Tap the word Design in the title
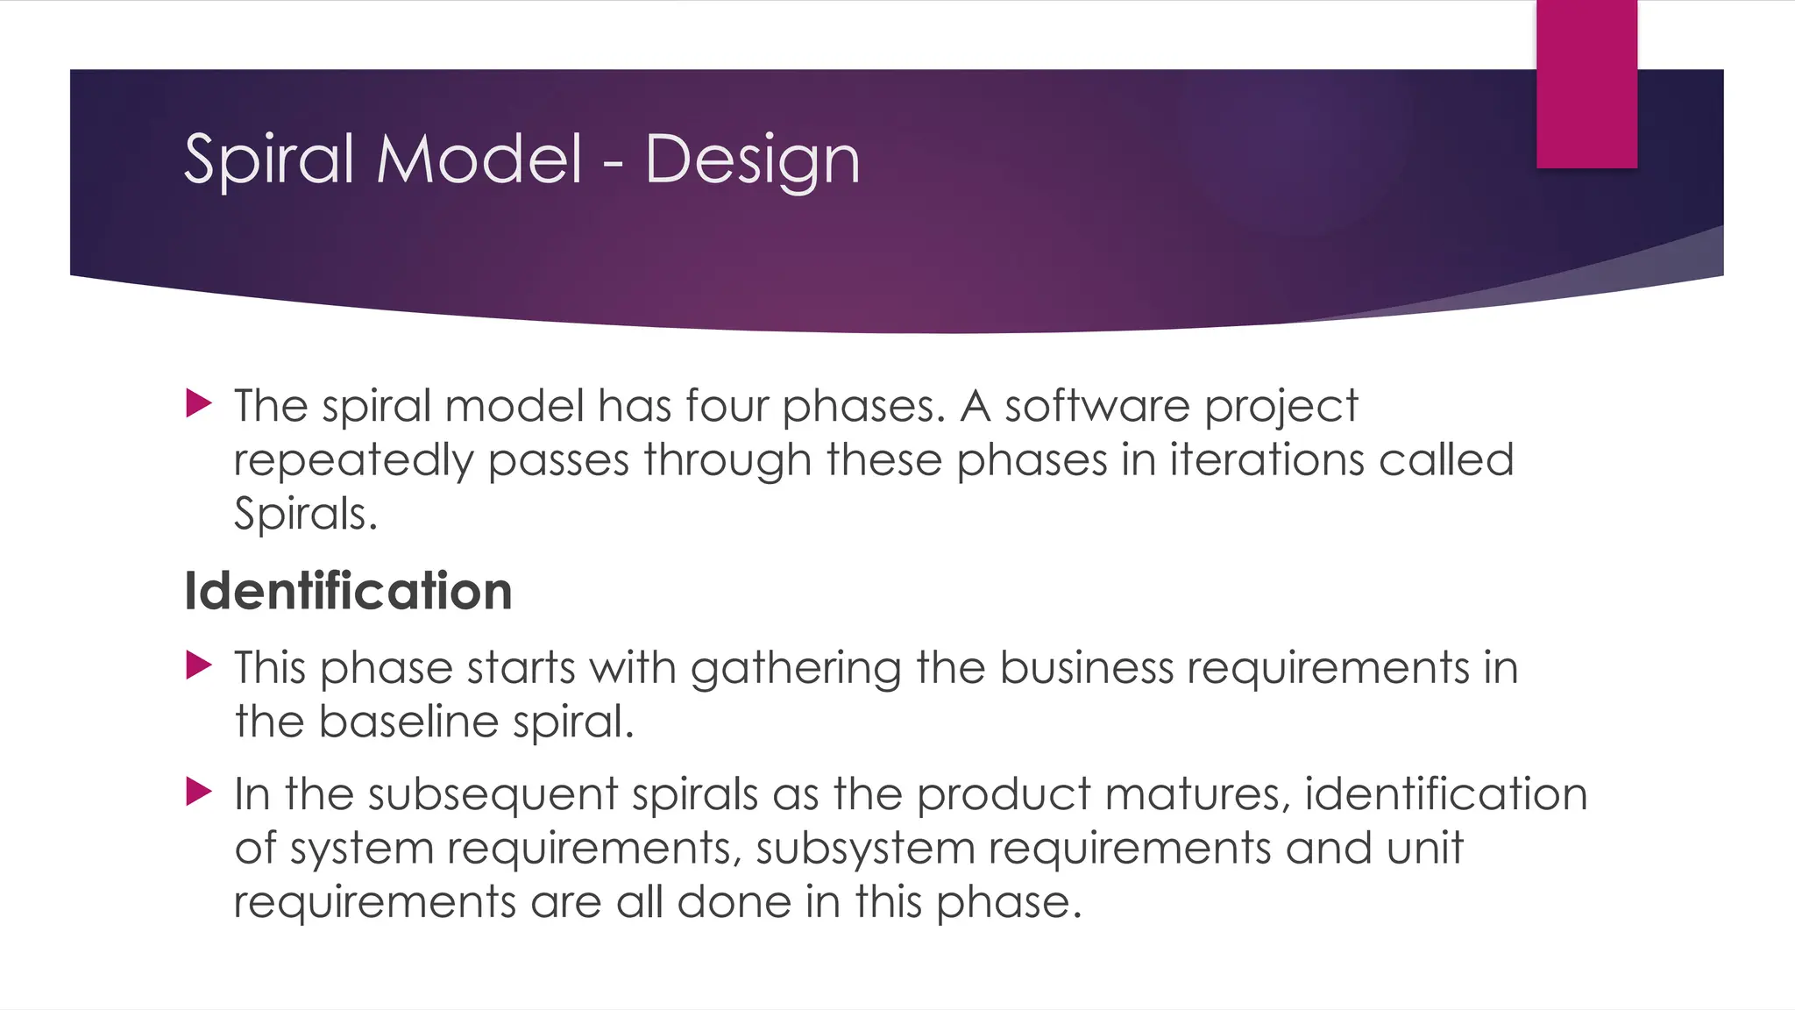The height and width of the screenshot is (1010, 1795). pos(752,160)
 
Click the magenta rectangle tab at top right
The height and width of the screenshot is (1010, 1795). pos(1586,84)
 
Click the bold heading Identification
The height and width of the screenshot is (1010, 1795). pos(348,591)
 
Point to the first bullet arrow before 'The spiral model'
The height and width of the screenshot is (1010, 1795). pos(200,404)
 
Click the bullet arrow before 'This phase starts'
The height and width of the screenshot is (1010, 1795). pos(200,665)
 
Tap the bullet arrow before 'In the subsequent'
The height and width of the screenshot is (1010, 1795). pos(200,792)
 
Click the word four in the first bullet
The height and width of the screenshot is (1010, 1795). pos(727,406)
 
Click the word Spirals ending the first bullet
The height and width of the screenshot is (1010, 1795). pos(305,514)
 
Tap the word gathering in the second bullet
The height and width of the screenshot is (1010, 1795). pos(796,669)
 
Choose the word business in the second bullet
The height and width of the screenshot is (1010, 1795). pos(1086,667)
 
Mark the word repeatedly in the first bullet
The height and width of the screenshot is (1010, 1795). pos(353,461)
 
